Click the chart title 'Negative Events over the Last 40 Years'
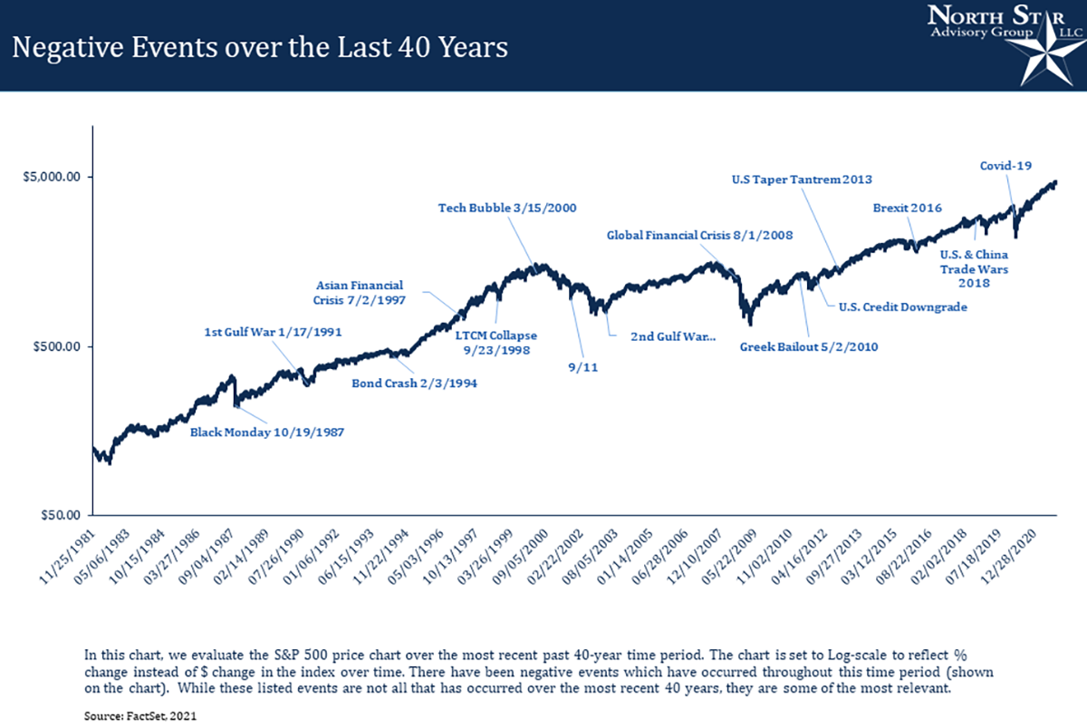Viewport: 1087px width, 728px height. point(259,46)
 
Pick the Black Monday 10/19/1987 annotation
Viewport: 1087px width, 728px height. point(266,432)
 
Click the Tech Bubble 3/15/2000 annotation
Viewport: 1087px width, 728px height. point(507,208)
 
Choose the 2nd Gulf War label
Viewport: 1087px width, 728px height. point(672,336)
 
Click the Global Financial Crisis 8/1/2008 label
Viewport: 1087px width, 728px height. point(699,236)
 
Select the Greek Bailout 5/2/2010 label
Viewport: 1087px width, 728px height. point(808,346)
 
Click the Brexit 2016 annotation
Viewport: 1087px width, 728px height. point(908,208)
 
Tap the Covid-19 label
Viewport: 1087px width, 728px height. point(1006,166)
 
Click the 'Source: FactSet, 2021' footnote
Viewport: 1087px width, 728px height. point(139,715)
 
